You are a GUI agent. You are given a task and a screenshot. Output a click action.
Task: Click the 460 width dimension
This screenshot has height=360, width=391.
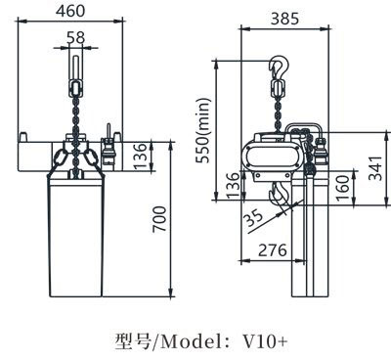tap(70, 11)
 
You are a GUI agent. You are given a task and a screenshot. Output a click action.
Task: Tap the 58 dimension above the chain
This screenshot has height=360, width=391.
tap(76, 37)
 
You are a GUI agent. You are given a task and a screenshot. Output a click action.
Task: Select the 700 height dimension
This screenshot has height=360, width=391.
tap(159, 219)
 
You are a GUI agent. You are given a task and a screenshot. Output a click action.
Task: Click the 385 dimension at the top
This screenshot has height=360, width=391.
tap(284, 19)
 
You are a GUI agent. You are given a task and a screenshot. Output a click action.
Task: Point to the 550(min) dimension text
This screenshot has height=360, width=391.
tap(202, 130)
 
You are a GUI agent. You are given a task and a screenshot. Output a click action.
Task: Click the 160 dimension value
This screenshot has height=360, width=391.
tap(342, 188)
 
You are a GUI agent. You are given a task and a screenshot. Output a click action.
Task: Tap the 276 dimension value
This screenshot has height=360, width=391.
tap(273, 250)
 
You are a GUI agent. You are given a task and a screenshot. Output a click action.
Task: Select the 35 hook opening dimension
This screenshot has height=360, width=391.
tap(253, 217)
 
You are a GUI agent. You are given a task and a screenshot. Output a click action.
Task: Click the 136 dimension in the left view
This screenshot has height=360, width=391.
tap(140, 157)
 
